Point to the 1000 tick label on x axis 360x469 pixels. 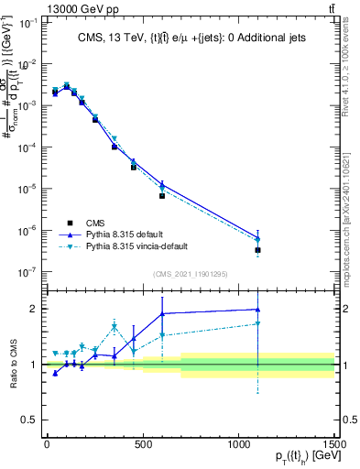[239, 443]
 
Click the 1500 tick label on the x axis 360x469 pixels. [333, 443]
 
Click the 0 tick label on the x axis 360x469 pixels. [47, 443]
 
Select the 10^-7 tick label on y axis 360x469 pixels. [28, 272]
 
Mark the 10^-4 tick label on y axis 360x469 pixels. [28, 147]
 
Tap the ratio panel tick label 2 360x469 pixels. [34, 309]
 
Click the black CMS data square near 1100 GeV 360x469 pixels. [258, 250]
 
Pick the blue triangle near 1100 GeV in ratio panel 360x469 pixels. [258, 310]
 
